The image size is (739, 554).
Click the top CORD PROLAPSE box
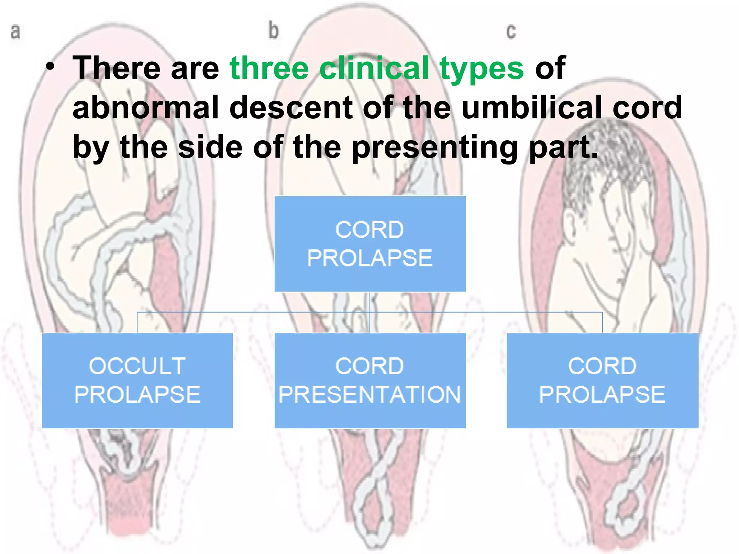(x=370, y=244)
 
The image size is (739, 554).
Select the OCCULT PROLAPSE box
(x=137, y=381)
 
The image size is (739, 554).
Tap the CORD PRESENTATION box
(x=370, y=381)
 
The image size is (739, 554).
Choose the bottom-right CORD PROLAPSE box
(x=602, y=381)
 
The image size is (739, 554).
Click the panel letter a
(x=15, y=32)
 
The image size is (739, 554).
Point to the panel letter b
(x=274, y=30)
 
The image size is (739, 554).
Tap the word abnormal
(x=145, y=107)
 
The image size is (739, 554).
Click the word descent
(x=291, y=108)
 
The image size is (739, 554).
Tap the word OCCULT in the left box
(x=137, y=366)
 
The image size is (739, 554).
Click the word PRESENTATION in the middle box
(x=370, y=395)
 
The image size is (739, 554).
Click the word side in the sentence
(x=210, y=147)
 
